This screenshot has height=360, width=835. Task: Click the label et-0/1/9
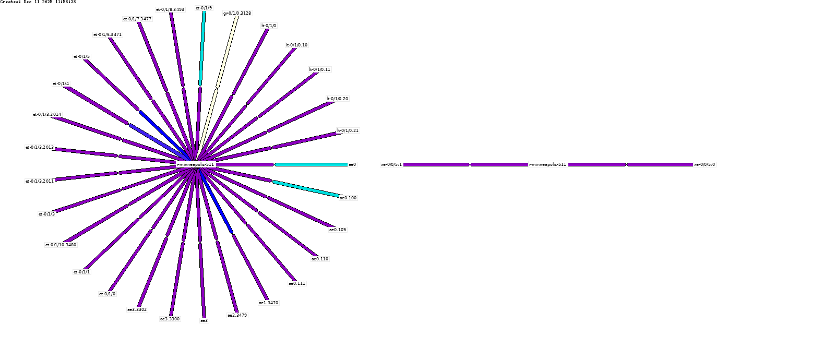tap(204, 8)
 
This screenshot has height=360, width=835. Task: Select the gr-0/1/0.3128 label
tap(237, 13)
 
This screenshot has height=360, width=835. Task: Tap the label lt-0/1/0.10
tap(296, 45)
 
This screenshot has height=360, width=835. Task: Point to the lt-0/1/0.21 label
tap(348, 130)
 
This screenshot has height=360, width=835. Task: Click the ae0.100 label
tap(348, 198)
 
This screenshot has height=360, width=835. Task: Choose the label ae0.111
tap(297, 283)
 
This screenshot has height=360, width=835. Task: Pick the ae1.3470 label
tap(268, 303)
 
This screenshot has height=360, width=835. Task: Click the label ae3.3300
tap(170, 319)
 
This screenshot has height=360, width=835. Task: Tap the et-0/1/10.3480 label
tap(61, 245)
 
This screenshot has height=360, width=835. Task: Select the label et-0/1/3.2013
tap(40, 147)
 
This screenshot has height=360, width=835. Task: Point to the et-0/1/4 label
tap(61, 83)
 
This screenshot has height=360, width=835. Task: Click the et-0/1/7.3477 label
tap(137, 19)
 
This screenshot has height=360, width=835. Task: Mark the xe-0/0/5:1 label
tap(391, 164)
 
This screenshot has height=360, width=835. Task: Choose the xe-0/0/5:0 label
tap(705, 164)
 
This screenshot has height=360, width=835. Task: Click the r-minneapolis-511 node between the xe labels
tap(547, 164)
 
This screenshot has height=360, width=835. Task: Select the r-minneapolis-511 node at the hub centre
tap(196, 164)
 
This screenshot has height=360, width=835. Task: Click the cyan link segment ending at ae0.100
tap(306, 189)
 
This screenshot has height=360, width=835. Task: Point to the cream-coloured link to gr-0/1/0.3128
tap(228, 52)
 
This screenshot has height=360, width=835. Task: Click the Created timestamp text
tap(38, 2)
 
